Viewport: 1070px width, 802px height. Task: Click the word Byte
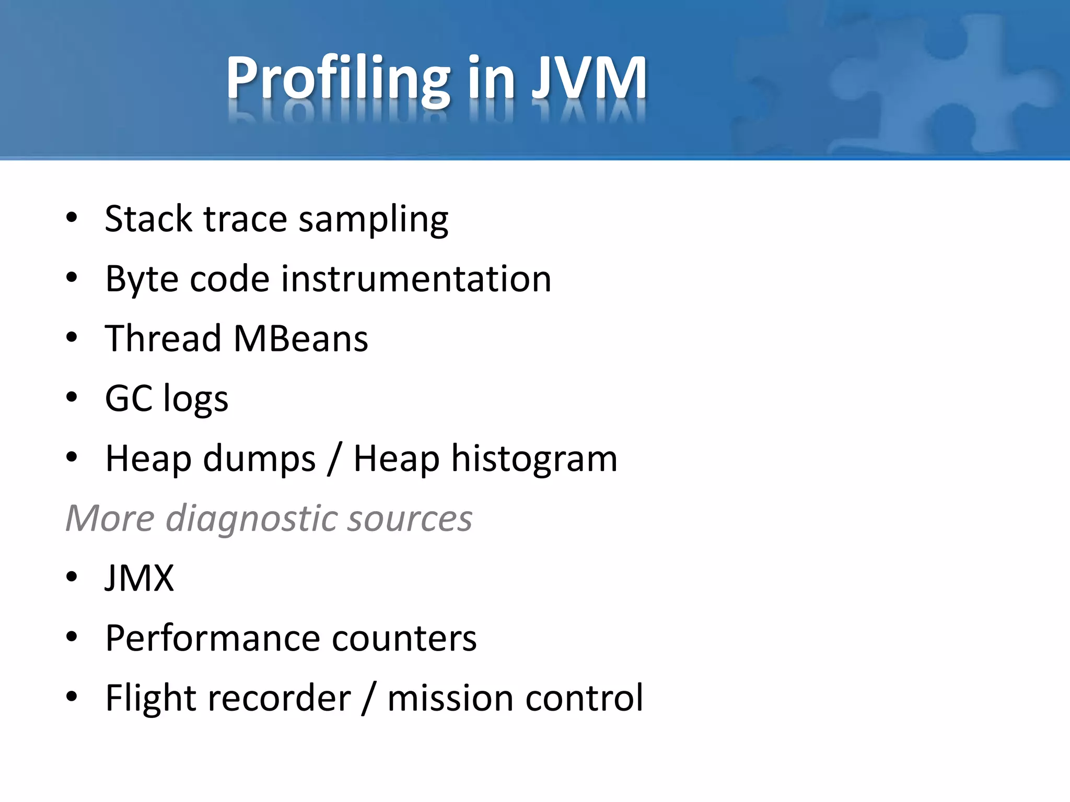point(142,280)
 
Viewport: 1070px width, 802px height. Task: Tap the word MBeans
point(300,338)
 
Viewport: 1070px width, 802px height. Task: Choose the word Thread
point(163,338)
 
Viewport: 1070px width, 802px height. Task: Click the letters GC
point(129,398)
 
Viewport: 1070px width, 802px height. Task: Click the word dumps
point(259,459)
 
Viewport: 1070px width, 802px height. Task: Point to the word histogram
point(534,459)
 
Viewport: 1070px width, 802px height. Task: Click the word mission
point(450,698)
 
